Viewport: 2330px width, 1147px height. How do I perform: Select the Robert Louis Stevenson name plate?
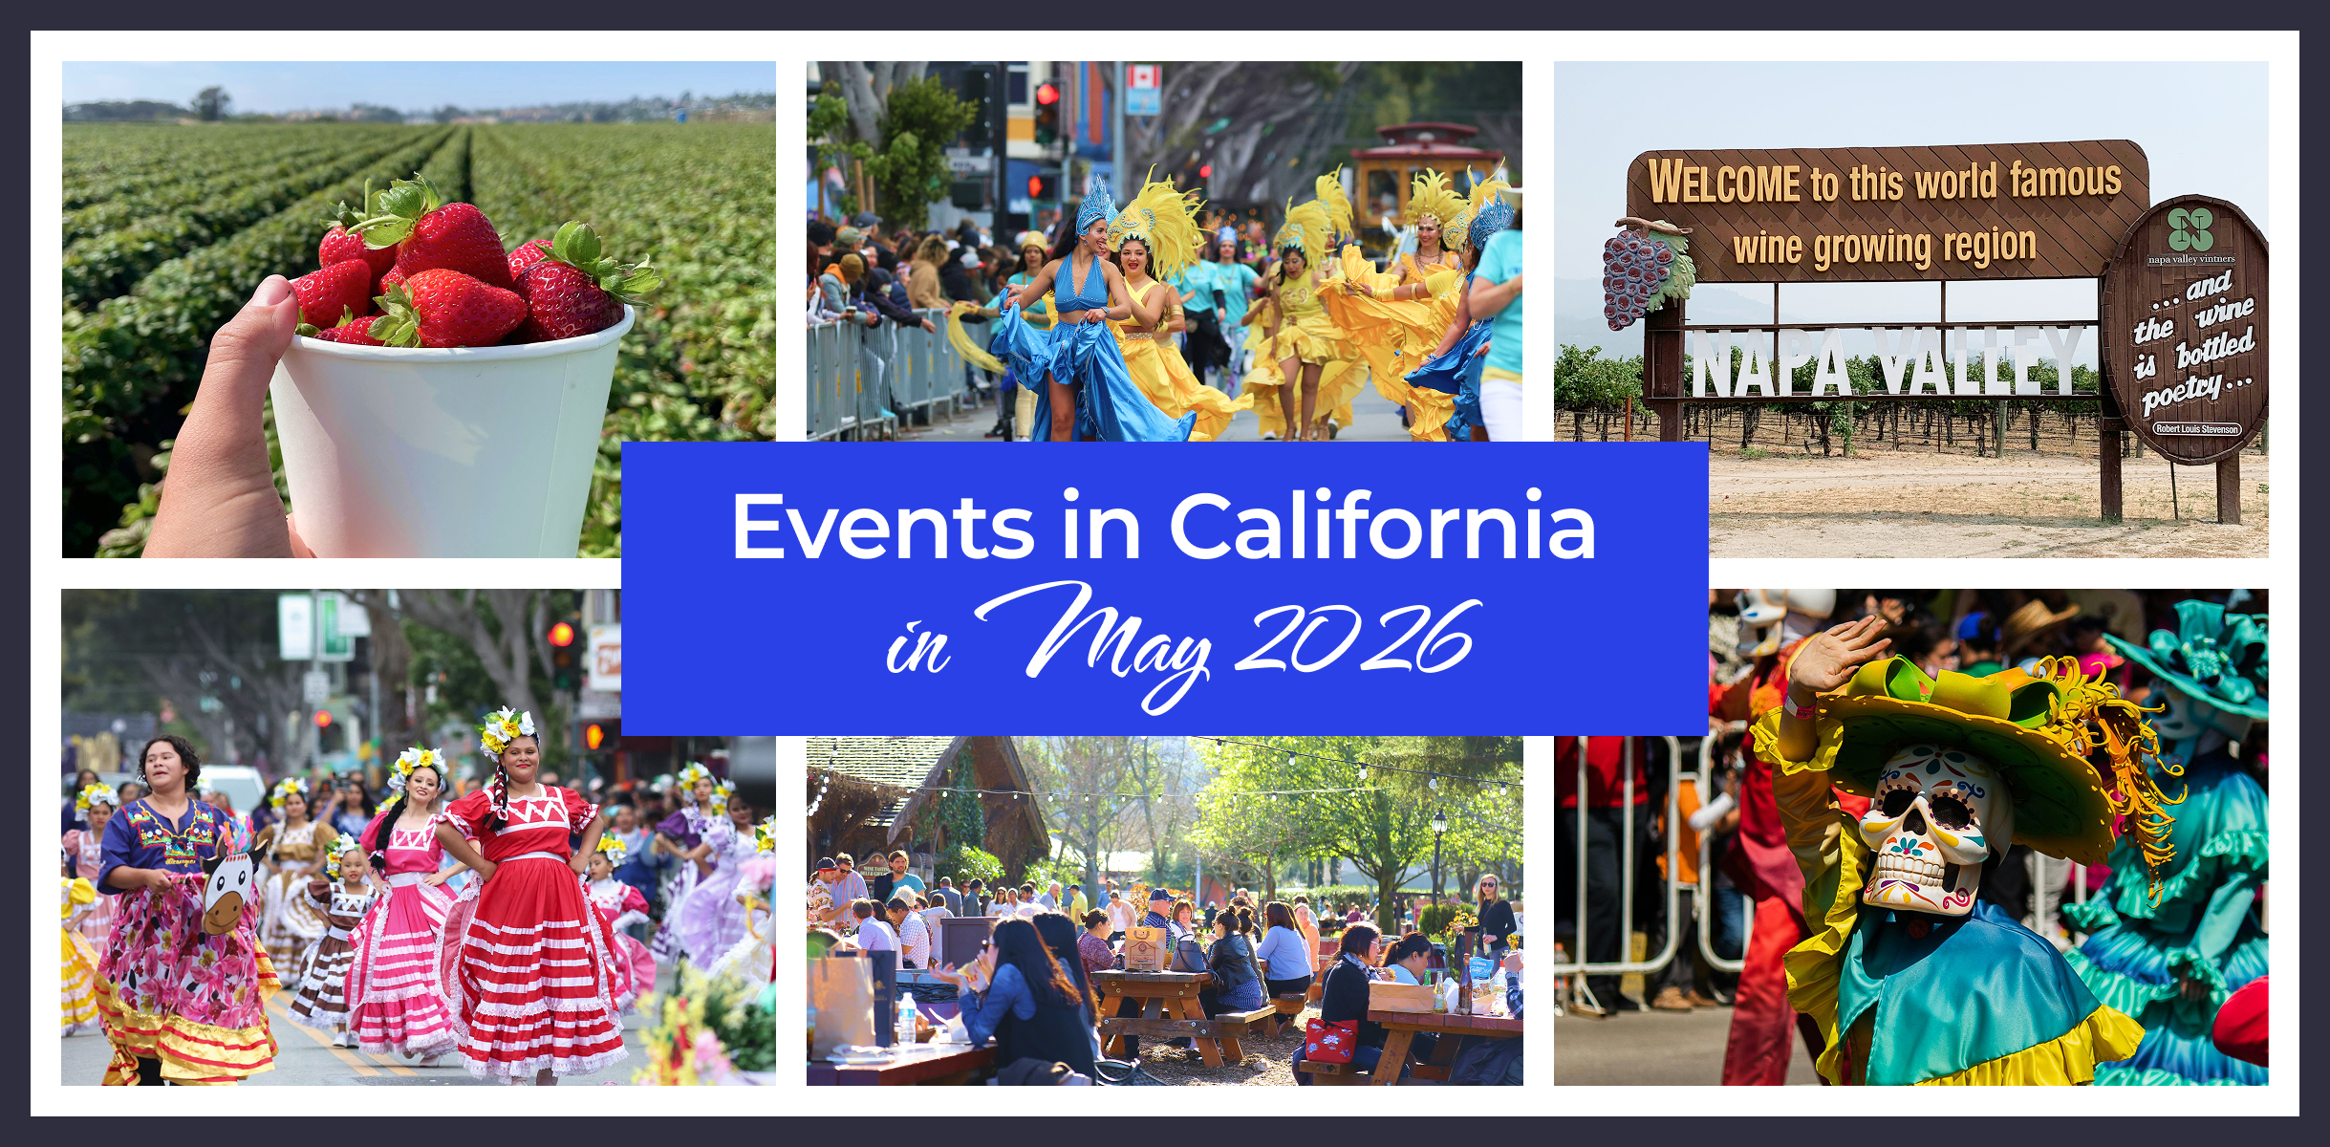2196,429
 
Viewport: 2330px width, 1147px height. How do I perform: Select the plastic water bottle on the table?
906,1018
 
